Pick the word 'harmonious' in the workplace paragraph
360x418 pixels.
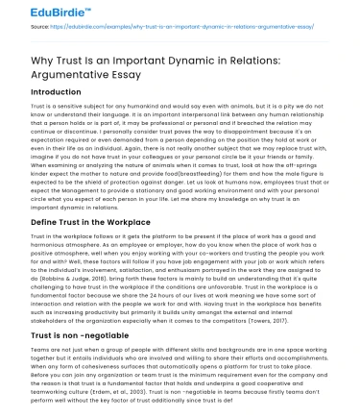point(36,243)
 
